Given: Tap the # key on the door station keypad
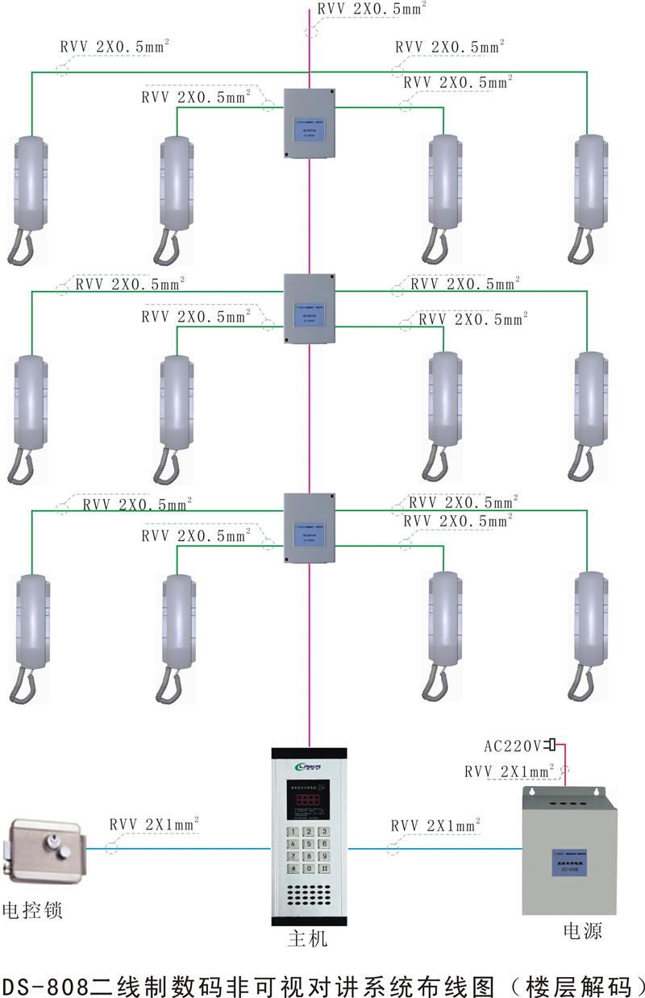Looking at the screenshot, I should (323, 869).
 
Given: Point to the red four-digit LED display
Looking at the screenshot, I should (310, 801).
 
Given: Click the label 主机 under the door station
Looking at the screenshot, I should (309, 940).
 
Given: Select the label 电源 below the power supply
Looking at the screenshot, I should (582, 932).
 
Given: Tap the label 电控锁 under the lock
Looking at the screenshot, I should (32, 912).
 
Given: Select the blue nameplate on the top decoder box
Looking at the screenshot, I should (310, 129).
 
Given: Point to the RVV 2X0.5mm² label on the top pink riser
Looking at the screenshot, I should (372, 10).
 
